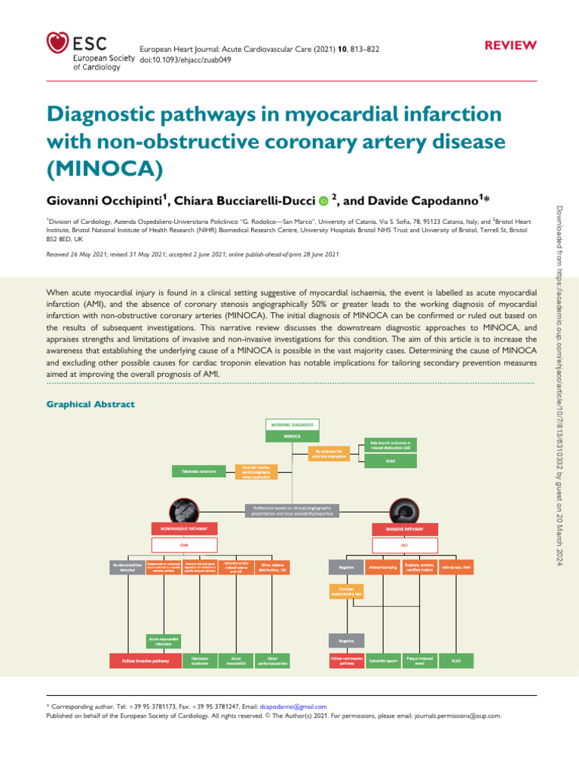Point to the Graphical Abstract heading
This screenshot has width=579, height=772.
pos(90,404)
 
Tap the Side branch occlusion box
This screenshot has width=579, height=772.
pos(391,446)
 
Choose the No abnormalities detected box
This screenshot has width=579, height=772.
pos(126,567)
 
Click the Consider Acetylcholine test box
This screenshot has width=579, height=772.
pos(347,592)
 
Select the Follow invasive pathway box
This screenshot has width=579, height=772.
pos(146,660)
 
